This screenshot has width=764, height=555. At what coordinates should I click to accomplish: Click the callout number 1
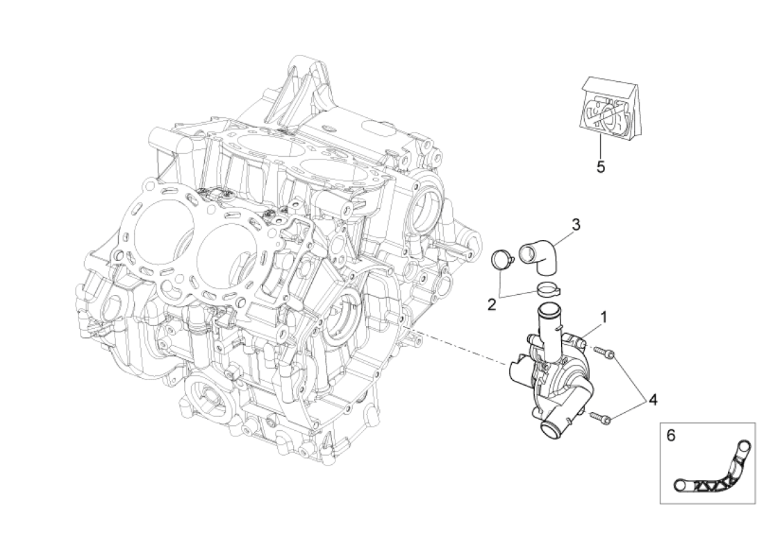pos(604,317)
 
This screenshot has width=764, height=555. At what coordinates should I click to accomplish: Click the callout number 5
pos(601,166)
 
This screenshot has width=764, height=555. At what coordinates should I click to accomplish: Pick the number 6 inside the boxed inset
pos(671,435)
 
